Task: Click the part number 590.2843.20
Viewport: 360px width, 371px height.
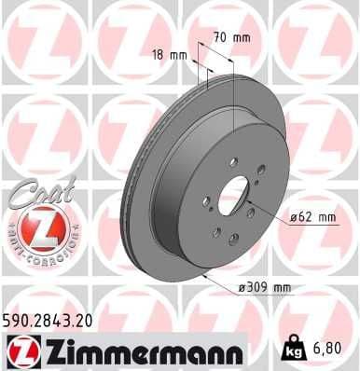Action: pos(53,321)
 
